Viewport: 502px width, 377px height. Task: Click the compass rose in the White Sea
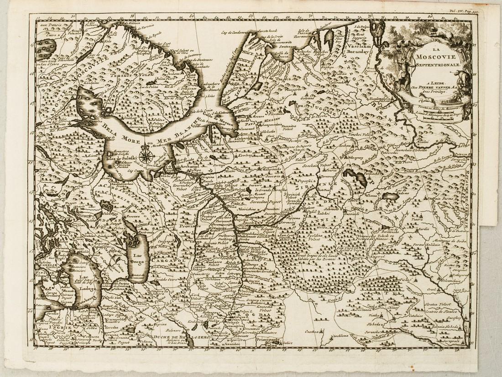(145, 155)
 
